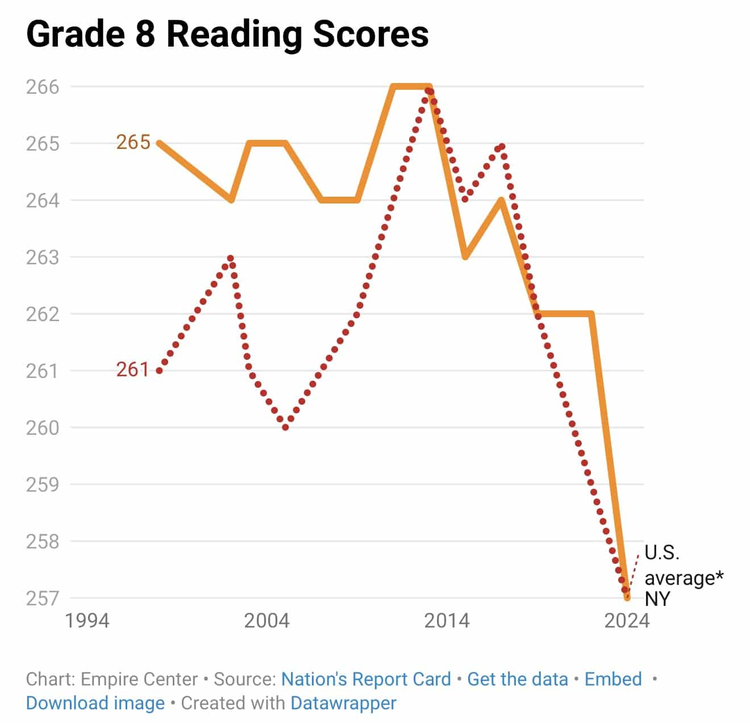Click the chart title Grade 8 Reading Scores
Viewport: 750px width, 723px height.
227,35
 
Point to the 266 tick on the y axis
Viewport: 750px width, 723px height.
43,87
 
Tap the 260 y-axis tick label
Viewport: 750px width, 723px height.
43,427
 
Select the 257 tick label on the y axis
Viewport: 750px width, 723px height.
43,598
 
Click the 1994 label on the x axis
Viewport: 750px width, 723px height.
87,621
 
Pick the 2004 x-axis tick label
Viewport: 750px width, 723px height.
266,621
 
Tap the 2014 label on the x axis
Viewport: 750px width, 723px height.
447,621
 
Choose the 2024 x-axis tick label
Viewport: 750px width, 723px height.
627,621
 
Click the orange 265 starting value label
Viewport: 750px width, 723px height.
133,142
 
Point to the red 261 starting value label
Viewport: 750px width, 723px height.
132,370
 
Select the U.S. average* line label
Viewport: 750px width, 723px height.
684,566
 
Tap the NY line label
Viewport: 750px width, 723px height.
657,599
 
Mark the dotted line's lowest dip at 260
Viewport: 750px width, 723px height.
285,427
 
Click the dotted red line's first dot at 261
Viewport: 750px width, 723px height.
159,371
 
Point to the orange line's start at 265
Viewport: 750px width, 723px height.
159,143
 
